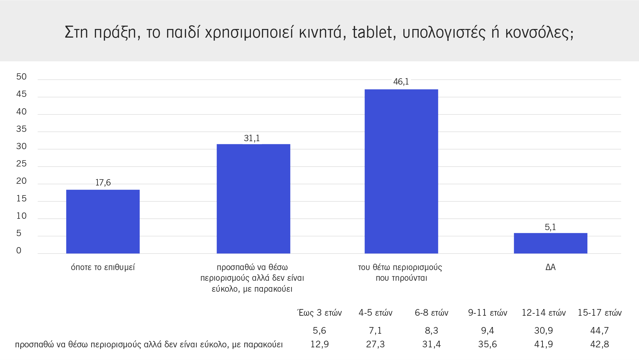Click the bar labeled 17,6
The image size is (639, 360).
[x=103, y=221]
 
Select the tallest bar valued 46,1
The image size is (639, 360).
[x=401, y=171]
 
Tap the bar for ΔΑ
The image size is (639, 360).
[x=550, y=243]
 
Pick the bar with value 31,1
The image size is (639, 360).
[x=253, y=198]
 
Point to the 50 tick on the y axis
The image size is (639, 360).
[x=21, y=77]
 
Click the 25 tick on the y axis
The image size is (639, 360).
[x=21, y=164]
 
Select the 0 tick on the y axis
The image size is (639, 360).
[x=19, y=251]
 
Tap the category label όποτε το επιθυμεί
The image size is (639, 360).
[x=103, y=267]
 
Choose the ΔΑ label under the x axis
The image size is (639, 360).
[x=550, y=267]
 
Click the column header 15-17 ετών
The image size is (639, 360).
[x=599, y=313]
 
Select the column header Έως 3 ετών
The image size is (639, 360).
[x=319, y=313]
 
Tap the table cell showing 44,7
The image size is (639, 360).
[x=599, y=331]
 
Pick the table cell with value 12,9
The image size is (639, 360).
[x=319, y=344]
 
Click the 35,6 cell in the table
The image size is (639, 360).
[x=487, y=344]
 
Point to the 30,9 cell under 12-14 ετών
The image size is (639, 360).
[x=543, y=331]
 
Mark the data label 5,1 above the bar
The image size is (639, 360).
[x=550, y=227]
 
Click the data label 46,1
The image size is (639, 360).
[x=401, y=82]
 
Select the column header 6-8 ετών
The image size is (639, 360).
[x=431, y=313]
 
